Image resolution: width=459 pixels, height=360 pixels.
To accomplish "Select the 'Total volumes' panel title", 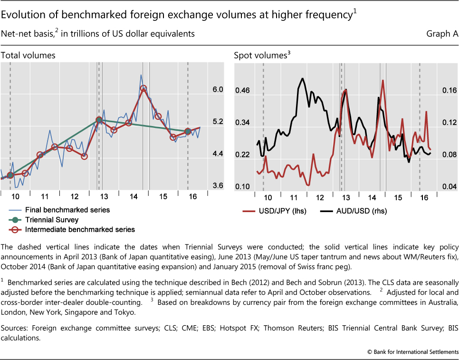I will pyautogui.click(x=28, y=55).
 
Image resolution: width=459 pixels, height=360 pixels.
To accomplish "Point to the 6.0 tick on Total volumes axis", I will pyautogui.click(x=218, y=89).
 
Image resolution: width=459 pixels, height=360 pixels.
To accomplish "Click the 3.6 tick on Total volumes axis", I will pyautogui.click(x=218, y=185).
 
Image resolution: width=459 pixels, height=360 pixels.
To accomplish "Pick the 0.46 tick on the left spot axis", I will pyautogui.click(x=243, y=90).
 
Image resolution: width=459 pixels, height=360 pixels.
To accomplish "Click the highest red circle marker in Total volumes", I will pyautogui.click(x=143, y=88).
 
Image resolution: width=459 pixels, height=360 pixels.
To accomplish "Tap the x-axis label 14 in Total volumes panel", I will pyautogui.click(x=134, y=196).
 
